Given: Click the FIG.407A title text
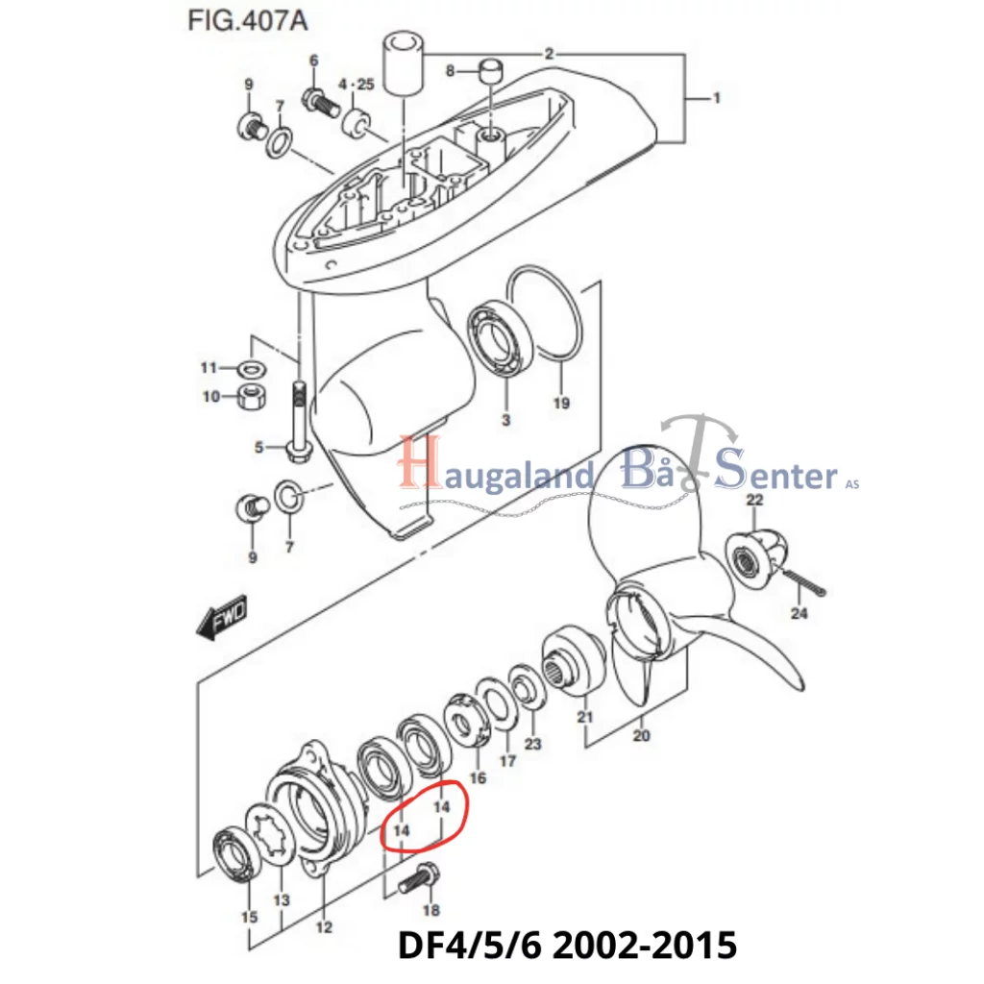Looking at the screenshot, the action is (x=248, y=21).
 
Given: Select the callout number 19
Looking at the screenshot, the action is (x=561, y=403).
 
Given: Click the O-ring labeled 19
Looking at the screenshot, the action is (x=545, y=314).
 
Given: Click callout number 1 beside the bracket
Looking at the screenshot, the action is (x=716, y=99).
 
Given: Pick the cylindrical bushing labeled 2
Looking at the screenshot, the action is (x=403, y=66).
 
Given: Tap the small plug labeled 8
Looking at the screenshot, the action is (x=490, y=71).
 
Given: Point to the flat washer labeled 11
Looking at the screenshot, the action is (x=252, y=368).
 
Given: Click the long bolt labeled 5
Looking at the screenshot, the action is (x=300, y=421).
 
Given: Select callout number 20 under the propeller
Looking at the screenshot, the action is (x=641, y=735).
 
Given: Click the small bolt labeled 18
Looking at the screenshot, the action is (x=419, y=877).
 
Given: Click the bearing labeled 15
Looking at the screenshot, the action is (x=234, y=854).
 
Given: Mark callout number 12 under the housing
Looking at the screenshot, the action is (x=324, y=926).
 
